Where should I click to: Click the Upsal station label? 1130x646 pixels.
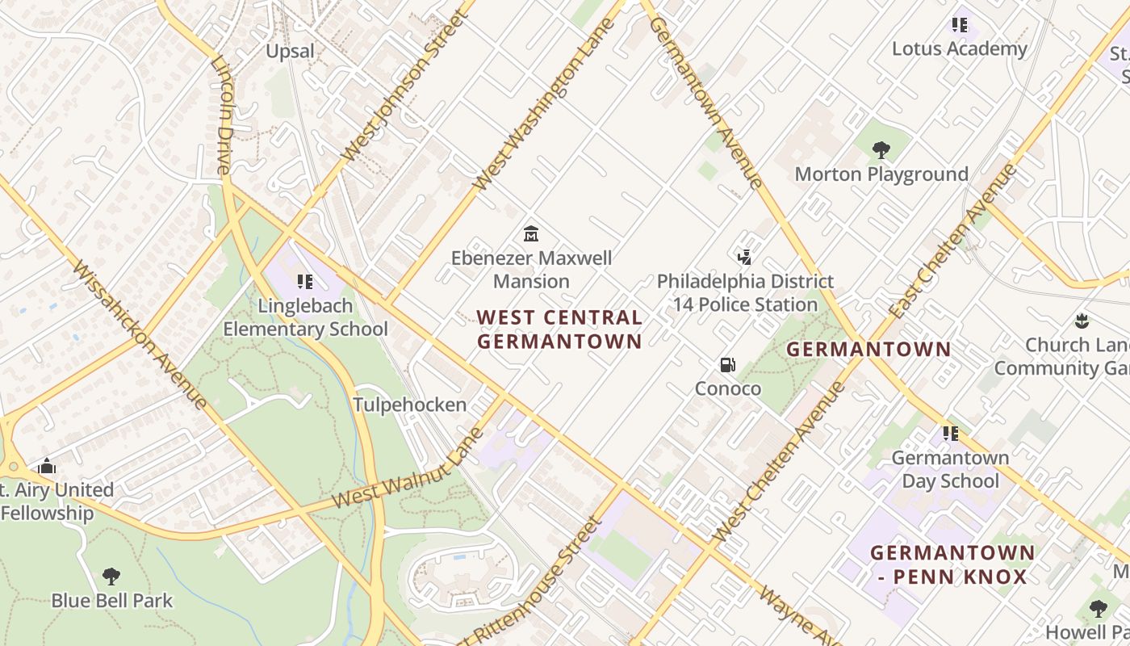point(290,51)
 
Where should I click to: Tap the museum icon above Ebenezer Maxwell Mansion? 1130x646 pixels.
point(531,234)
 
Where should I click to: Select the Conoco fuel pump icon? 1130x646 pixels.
point(728,365)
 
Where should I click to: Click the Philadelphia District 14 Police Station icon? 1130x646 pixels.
point(745,258)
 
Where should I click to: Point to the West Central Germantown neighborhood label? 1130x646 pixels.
point(559,329)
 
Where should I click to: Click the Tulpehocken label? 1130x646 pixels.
point(410,405)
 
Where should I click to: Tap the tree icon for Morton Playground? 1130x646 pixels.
point(881,149)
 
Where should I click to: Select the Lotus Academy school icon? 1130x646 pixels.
point(959,25)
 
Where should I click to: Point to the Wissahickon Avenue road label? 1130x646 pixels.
point(139,333)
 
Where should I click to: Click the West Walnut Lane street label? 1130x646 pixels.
point(408,469)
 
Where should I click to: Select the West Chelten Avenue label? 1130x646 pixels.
point(780,462)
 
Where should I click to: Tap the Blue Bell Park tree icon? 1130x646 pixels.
point(111,577)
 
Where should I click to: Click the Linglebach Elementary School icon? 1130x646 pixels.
point(305,281)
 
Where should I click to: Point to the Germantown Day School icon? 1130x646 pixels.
point(951,434)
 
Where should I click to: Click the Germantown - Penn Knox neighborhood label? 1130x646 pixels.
point(952,565)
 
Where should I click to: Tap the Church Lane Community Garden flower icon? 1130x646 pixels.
point(1082,321)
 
